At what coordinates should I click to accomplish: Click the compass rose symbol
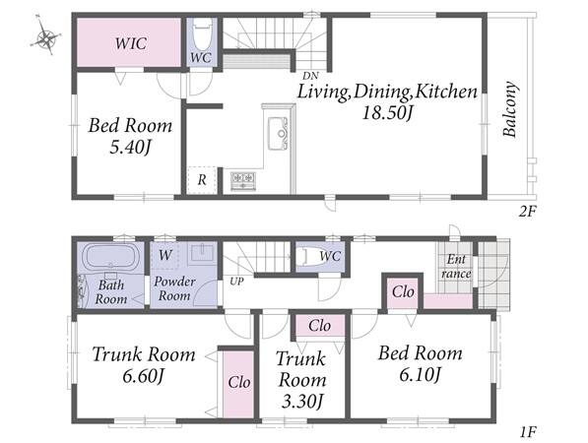45,36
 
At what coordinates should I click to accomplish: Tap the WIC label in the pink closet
130,43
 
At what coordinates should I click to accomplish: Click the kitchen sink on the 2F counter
278,134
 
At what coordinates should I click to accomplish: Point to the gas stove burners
243,181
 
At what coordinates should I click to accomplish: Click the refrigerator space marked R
202,180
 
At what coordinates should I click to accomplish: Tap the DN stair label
311,76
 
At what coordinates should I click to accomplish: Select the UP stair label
236,282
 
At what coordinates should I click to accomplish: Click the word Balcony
510,109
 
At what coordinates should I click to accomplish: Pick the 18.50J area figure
387,112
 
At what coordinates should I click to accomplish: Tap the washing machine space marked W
165,255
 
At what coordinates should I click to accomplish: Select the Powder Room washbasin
202,253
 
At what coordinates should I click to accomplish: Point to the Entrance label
456,266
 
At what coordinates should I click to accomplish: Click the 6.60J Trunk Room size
143,376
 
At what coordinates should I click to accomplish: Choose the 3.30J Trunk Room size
302,402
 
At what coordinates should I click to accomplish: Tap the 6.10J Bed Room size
420,374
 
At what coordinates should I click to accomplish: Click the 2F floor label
528,212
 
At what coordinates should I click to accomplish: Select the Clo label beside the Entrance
403,291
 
